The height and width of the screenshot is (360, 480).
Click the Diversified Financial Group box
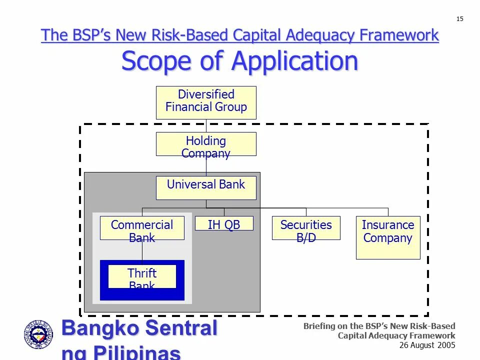click(x=206, y=102)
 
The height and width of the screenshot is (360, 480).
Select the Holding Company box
click(x=206, y=144)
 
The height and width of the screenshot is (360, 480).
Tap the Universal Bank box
click(x=206, y=187)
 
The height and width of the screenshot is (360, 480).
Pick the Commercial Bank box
click(x=142, y=228)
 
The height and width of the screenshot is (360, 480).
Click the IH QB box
click(x=224, y=223)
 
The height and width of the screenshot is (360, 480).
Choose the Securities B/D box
click(x=306, y=228)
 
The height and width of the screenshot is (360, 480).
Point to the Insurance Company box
click(x=388, y=237)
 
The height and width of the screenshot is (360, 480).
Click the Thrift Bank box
click(x=142, y=276)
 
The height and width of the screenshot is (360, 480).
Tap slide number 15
click(x=460, y=19)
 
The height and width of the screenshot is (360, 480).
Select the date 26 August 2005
click(x=427, y=345)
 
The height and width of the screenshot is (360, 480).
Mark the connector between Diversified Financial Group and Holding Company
click(x=206, y=125)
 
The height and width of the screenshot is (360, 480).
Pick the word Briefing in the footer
click(x=320, y=326)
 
